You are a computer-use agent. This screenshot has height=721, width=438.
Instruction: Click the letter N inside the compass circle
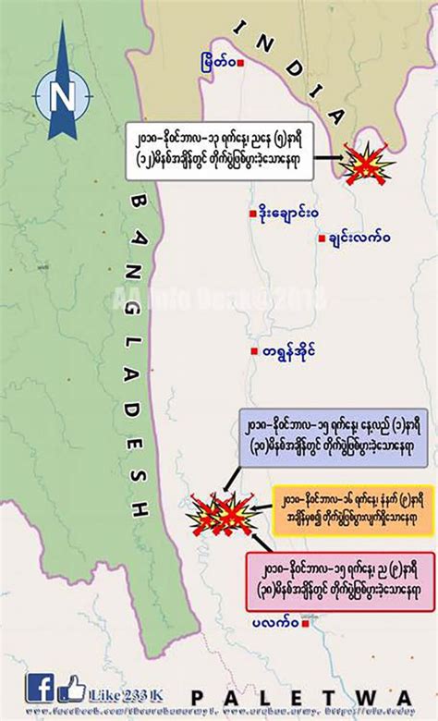[x=63, y=95]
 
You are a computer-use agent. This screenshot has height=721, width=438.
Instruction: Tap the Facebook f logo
[x=40, y=688]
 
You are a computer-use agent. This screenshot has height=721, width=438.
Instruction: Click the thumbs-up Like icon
[x=71, y=688]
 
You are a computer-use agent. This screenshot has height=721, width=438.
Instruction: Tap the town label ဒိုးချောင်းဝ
[x=286, y=214]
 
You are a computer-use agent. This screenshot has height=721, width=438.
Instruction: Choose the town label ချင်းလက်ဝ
[x=359, y=238]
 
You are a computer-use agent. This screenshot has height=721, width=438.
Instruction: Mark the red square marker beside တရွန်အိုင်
[x=251, y=350]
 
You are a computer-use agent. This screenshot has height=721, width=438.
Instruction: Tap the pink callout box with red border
[x=340, y=580]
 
